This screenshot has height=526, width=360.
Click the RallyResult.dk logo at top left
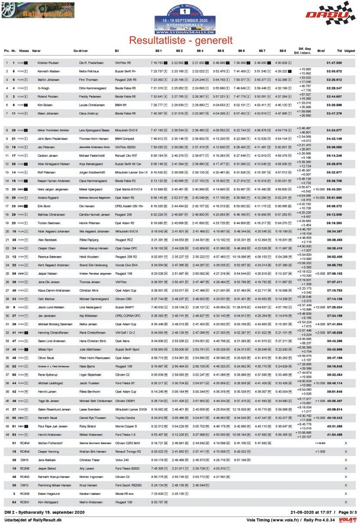pos(38,10)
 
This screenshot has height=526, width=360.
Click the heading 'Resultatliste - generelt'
pos(181,40)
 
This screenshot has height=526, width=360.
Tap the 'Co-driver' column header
pos(81,51)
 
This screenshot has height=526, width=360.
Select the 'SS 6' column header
pos(241,51)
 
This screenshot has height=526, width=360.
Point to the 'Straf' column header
pos(321,51)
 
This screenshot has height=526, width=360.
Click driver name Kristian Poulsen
pos(48,63)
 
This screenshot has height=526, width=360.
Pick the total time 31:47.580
pos(334,63)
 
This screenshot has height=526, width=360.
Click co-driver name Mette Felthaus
pos(89,71)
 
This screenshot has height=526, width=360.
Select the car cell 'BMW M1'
pos(121,105)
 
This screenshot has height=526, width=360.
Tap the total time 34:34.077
pos(334,130)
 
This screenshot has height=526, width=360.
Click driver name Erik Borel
pos(44,206)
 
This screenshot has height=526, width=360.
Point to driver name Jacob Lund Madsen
pos(51,307)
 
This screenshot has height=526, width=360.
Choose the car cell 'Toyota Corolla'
pos(125,418)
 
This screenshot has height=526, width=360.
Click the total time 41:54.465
pos(334,435)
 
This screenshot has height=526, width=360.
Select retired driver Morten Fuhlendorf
pos(50,443)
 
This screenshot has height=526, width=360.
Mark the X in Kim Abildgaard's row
pos(346,502)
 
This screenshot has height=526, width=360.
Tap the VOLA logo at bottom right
pos(348,520)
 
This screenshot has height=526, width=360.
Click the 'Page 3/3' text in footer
pos(347,512)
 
